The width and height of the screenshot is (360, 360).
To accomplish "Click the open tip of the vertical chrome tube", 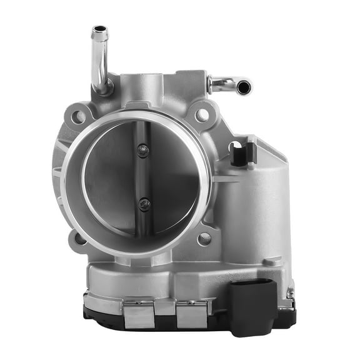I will click(99, 29).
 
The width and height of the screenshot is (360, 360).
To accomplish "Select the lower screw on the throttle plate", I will click(144, 204).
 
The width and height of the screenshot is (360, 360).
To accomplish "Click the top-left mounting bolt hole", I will click(79, 116).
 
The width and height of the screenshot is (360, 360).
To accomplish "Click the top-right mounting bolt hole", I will click(201, 114).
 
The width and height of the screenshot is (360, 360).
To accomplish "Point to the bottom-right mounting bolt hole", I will click(204, 238).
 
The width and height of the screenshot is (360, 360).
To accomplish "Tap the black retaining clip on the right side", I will click(242, 152).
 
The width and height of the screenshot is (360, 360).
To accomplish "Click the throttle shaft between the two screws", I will click(144, 176).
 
